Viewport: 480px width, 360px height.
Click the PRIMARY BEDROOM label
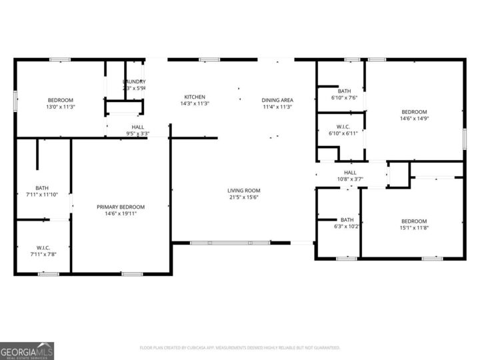[x=121, y=207]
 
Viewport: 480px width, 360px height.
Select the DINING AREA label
[x=277, y=100]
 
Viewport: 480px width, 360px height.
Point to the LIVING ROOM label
[x=243, y=191]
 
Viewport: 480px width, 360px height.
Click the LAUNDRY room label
[x=134, y=81]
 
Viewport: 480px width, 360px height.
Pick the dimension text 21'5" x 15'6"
[x=243, y=197]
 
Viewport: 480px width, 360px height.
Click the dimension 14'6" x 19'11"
[x=121, y=214]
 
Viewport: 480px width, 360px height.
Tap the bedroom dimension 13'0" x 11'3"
[x=61, y=107]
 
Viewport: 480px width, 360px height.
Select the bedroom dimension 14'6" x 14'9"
[x=414, y=119]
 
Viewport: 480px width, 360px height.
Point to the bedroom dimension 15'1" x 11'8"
[x=414, y=228]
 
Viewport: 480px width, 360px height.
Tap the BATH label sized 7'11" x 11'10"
[x=42, y=188]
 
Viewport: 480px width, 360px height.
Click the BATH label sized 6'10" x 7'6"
[x=344, y=91]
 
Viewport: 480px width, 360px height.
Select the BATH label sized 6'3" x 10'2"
[x=347, y=219]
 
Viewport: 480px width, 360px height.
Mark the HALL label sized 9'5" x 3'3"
[x=138, y=127]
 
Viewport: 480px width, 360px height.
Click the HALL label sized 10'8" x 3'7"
[x=349, y=172]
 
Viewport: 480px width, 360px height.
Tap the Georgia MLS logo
[x=27, y=351]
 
